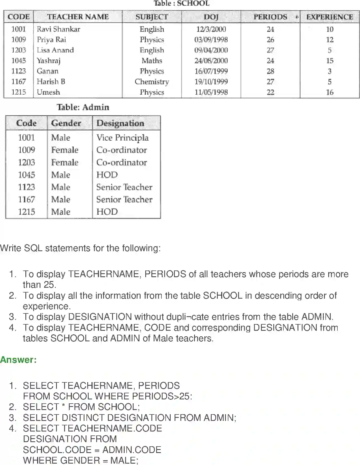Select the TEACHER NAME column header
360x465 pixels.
click(78, 17)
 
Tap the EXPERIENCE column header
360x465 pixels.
click(330, 17)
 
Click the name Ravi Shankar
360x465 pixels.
click(59, 29)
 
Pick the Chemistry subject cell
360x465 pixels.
click(152, 82)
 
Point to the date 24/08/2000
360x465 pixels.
click(211, 61)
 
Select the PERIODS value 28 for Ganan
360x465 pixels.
click(270, 71)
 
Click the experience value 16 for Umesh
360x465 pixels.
click(330, 92)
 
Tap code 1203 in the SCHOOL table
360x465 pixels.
click(18, 50)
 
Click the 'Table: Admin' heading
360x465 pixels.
click(83, 107)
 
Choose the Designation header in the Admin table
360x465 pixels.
click(120, 123)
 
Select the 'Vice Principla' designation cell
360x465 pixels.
click(122, 138)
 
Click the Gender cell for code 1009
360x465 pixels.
click(65, 150)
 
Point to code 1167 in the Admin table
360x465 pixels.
click(26, 199)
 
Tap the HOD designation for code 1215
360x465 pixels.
click(107, 212)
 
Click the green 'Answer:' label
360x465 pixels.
click(18, 359)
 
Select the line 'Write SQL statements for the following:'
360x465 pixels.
click(80, 248)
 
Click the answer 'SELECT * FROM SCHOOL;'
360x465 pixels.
click(81, 407)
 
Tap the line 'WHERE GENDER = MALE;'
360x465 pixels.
click(81, 460)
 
